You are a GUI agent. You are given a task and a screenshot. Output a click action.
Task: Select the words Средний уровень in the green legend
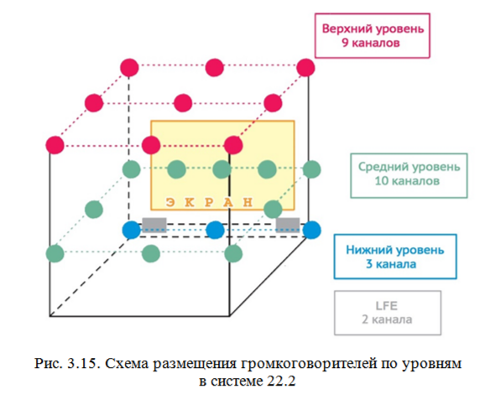click(x=395, y=166)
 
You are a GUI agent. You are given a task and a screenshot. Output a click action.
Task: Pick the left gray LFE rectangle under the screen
click(x=154, y=224)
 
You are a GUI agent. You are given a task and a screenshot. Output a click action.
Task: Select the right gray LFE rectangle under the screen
click(x=288, y=224)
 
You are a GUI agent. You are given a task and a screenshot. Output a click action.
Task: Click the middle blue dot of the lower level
click(x=215, y=229)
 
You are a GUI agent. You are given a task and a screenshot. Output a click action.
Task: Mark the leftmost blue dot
click(x=132, y=229)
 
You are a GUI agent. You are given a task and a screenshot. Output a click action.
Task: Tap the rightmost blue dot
click(x=312, y=229)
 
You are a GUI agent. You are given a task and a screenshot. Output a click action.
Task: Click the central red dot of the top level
click(x=183, y=102)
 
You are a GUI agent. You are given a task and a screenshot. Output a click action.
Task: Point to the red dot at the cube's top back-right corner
click(x=306, y=67)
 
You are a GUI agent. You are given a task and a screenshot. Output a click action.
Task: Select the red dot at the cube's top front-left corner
click(x=55, y=144)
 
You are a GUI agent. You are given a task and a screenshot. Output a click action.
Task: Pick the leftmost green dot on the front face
click(x=55, y=251)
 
